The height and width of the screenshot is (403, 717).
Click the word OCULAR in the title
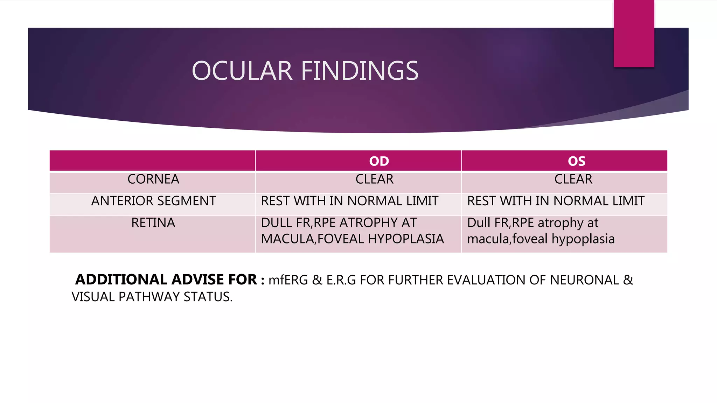[x=242, y=71]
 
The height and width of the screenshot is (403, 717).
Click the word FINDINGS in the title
[x=360, y=71]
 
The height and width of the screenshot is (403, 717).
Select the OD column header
[x=379, y=161]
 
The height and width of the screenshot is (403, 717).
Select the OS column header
[x=576, y=161]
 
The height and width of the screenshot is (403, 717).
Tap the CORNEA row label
[x=153, y=179]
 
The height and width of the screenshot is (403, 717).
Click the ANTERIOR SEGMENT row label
[x=153, y=201]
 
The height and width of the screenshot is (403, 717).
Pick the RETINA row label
[x=153, y=223]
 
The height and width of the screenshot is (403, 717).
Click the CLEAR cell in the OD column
[x=374, y=179]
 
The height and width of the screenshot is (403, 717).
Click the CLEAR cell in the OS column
[x=573, y=179]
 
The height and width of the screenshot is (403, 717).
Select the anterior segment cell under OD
[x=349, y=201]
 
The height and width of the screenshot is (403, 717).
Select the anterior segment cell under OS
[x=556, y=201]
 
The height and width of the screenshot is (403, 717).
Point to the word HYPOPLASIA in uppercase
[x=406, y=239]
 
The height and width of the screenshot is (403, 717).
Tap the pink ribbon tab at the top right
[x=634, y=34]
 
